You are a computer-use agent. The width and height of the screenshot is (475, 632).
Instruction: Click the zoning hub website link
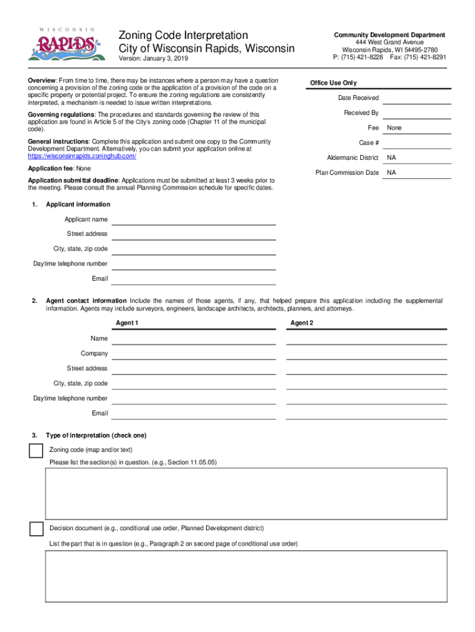click(x=82, y=157)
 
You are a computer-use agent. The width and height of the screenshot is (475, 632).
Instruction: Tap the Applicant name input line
click(x=193, y=220)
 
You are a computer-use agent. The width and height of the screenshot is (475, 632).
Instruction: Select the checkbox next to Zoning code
click(x=36, y=451)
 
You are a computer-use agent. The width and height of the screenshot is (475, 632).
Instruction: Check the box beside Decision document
click(x=36, y=529)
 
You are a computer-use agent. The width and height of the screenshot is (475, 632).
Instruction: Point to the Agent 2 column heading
click(x=302, y=323)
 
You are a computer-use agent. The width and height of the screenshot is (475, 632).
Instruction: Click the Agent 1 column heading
click(x=127, y=323)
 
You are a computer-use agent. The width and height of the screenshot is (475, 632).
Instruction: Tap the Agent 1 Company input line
click(x=193, y=354)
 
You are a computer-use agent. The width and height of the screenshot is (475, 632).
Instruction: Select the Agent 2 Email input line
click(x=366, y=414)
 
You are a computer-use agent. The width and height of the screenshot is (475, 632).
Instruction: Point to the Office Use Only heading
click(x=333, y=83)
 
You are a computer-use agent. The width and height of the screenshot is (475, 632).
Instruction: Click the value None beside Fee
click(x=394, y=128)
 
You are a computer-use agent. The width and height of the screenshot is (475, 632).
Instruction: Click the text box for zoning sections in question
click(x=246, y=493)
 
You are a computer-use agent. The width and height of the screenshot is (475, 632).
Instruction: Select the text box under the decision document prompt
click(x=246, y=576)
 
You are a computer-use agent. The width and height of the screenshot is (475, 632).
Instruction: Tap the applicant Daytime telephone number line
click(x=193, y=264)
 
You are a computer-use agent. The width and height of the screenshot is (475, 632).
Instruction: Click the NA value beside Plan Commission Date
click(x=391, y=173)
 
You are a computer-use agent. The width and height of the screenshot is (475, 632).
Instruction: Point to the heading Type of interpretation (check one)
click(x=96, y=436)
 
